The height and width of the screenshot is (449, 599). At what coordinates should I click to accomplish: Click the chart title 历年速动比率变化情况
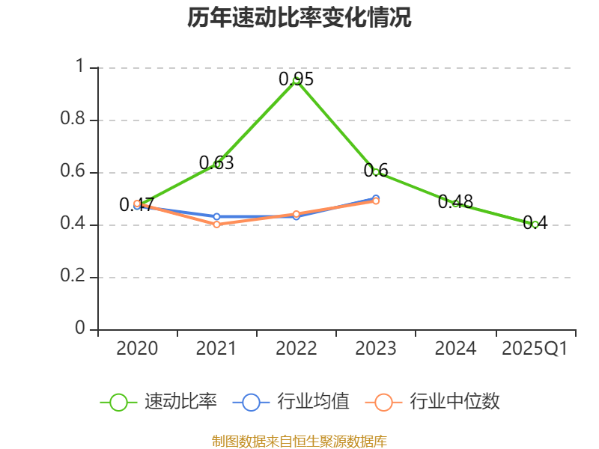point(299,18)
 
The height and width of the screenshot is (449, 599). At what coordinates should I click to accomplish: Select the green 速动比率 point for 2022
point(297,80)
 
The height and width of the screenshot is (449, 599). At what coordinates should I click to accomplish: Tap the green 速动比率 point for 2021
point(217,164)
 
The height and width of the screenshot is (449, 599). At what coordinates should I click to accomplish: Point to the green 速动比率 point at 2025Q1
point(535,224)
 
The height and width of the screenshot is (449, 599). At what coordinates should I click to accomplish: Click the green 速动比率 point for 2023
point(376,171)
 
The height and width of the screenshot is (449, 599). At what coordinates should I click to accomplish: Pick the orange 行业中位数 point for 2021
point(217,224)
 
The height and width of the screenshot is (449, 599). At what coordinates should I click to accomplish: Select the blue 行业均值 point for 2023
point(376,198)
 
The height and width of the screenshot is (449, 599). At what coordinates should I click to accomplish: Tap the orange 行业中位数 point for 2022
point(297,214)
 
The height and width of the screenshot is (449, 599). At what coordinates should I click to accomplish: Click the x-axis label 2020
point(138,349)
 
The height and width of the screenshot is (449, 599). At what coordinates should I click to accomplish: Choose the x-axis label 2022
point(297,349)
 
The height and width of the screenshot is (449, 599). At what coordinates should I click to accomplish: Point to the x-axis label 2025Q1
point(535,349)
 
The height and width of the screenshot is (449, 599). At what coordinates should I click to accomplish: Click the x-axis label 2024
point(455,349)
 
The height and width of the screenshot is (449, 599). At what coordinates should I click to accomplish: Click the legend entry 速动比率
point(159,402)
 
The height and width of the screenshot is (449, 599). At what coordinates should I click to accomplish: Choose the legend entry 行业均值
point(291,402)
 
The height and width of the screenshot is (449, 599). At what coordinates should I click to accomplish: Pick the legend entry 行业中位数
point(433,402)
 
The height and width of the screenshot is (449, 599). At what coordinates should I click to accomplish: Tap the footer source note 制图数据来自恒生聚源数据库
point(299,442)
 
